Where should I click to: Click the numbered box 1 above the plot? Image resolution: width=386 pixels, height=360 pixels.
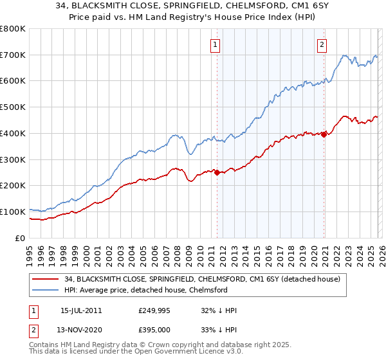(x=214, y=44)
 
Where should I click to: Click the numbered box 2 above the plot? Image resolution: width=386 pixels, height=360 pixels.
(x=321, y=44)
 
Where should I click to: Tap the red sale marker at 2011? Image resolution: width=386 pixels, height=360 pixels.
(x=217, y=172)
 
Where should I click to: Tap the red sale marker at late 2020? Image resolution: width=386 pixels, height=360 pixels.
(x=324, y=134)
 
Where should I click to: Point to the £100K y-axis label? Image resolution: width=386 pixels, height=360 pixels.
(x=13, y=212)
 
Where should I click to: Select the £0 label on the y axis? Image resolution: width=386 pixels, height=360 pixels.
(x=19, y=238)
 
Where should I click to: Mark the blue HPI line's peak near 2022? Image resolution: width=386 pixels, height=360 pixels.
(x=345, y=56)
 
